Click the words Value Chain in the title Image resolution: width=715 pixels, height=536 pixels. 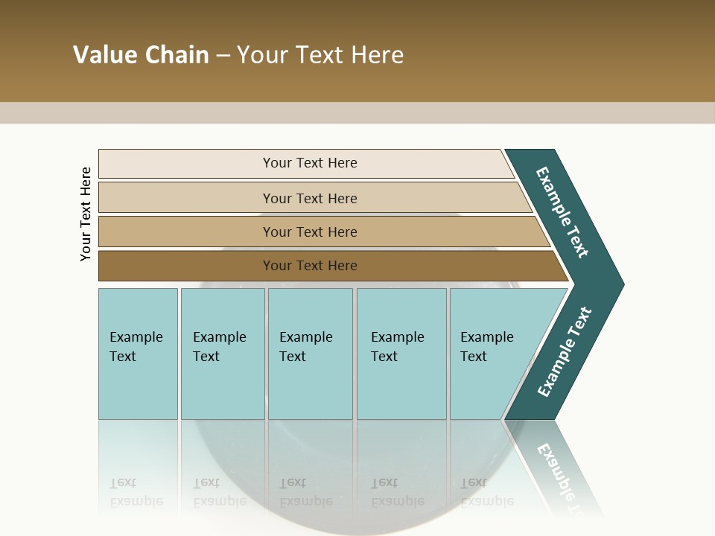pyautogui.click(x=141, y=55)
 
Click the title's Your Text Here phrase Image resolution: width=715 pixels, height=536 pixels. pyautogui.click(x=320, y=55)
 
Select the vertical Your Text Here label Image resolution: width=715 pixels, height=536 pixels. pyautogui.click(x=86, y=214)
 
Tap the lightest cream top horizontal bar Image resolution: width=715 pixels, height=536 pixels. pyautogui.click(x=186, y=164)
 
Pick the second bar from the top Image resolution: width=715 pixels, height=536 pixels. pyautogui.click(x=186, y=198)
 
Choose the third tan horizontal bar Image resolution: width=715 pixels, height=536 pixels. pyautogui.click(x=186, y=232)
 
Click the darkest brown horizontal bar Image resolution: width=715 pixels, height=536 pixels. pyautogui.click(x=186, y=266)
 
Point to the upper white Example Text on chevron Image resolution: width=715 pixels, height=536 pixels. pyautogui.click(x=562, y=212)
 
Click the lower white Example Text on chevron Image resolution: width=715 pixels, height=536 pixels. pyautogui.click(x=565, y=352)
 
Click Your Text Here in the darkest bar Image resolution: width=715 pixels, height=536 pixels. pyautogui.click(x=310, y=266)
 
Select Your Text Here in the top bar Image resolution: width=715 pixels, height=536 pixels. pyautogui.click(x=310, y=163)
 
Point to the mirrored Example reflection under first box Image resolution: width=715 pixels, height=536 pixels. pyautogui.click(x=136, y=501)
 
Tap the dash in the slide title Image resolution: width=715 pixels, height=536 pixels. pyautogui.click(x=223, y=56)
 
